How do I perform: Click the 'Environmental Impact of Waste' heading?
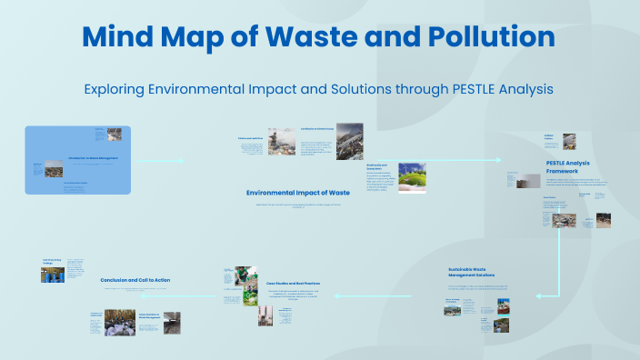click(297, 193)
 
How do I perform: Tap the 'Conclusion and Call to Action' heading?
click(135, 280)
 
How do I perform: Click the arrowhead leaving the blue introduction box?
click(181, 161)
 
